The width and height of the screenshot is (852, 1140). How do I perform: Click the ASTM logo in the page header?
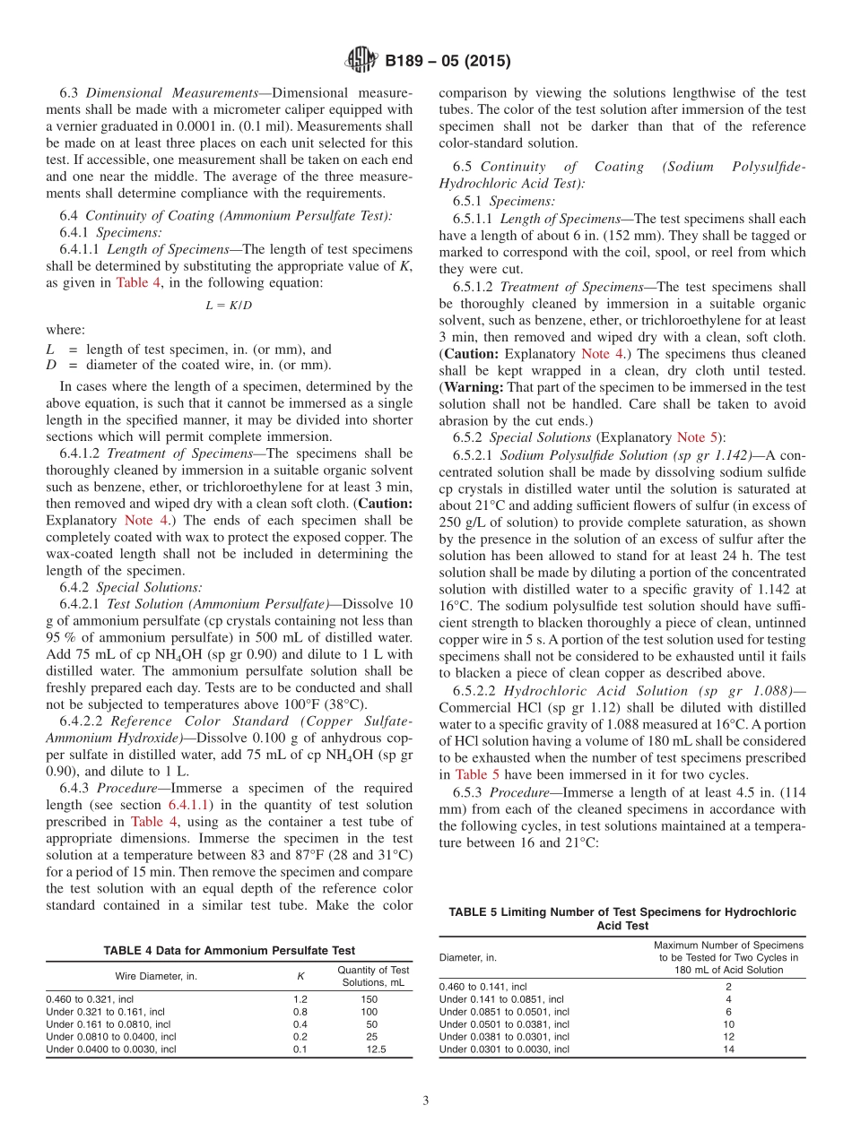pos(361,61)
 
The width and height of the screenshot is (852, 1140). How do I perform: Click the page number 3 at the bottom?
pos(426,1101)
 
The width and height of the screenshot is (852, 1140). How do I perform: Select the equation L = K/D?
pos(229,305)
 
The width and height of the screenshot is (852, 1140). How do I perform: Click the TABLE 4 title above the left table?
pos(229,951)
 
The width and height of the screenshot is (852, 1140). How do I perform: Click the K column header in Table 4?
pos(300,976)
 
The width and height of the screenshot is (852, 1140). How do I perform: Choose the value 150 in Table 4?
pos(369,997)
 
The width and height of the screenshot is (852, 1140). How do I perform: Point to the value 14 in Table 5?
pos(728,1049)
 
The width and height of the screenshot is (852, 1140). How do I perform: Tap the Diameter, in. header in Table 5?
pos(468,957)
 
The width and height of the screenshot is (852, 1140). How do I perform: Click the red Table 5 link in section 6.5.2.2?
pos(483,774)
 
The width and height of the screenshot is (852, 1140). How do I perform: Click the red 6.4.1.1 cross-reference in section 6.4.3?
pos(193,805)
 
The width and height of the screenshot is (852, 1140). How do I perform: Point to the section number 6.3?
pos(70,93)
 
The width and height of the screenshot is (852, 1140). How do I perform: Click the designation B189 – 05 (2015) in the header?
pos(447,61)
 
